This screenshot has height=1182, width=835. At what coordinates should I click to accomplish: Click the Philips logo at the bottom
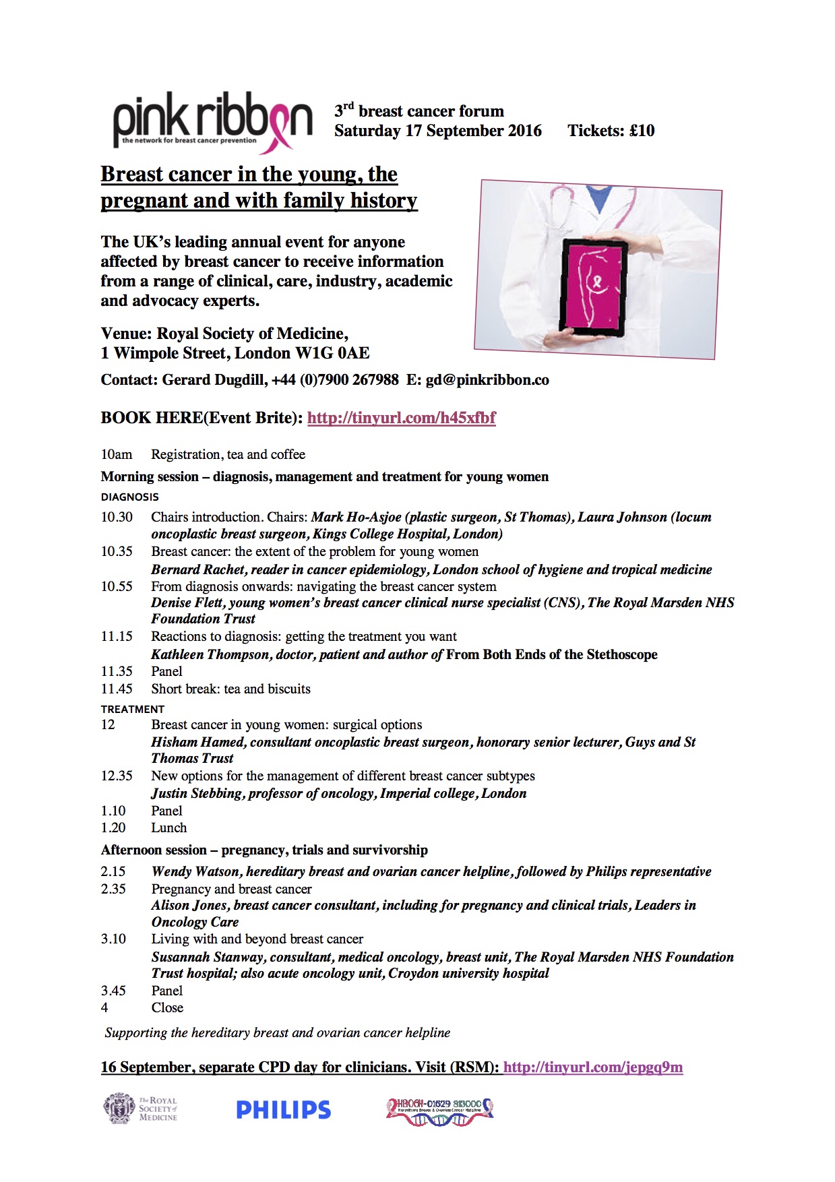[283, 1110]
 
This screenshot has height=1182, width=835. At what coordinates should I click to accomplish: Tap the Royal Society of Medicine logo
[140, 1109]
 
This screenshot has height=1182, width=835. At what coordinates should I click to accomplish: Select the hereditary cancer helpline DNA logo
[439, 1110]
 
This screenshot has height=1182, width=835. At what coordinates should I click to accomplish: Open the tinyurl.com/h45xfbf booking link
[401, 418]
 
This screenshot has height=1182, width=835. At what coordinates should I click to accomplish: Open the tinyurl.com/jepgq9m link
[592, 1067]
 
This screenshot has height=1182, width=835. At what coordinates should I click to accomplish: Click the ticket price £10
[642, 131]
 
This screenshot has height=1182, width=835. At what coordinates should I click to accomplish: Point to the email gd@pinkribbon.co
[487, 380]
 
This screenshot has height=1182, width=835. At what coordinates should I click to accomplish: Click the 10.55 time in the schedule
[117, 586]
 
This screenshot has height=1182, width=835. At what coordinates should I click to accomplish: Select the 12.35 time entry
[117, 776]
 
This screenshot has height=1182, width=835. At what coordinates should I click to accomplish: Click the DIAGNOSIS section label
[130, 497]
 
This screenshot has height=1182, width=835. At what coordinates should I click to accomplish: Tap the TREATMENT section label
[133, 710]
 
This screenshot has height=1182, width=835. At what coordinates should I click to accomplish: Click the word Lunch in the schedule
[169, 828]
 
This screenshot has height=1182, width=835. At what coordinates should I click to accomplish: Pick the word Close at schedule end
[167, 1008]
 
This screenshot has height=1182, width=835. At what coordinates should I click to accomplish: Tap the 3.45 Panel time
[113, 991]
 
